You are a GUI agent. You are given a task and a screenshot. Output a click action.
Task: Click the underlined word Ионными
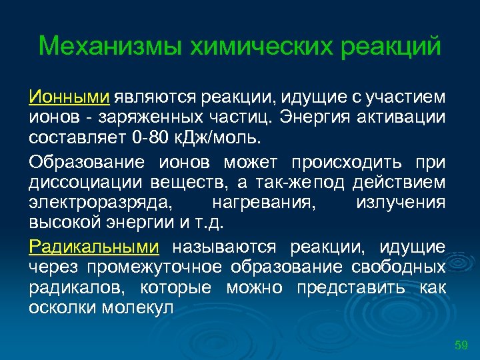coord(69,98)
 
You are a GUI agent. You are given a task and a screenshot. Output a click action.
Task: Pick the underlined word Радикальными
coord(94,247)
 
